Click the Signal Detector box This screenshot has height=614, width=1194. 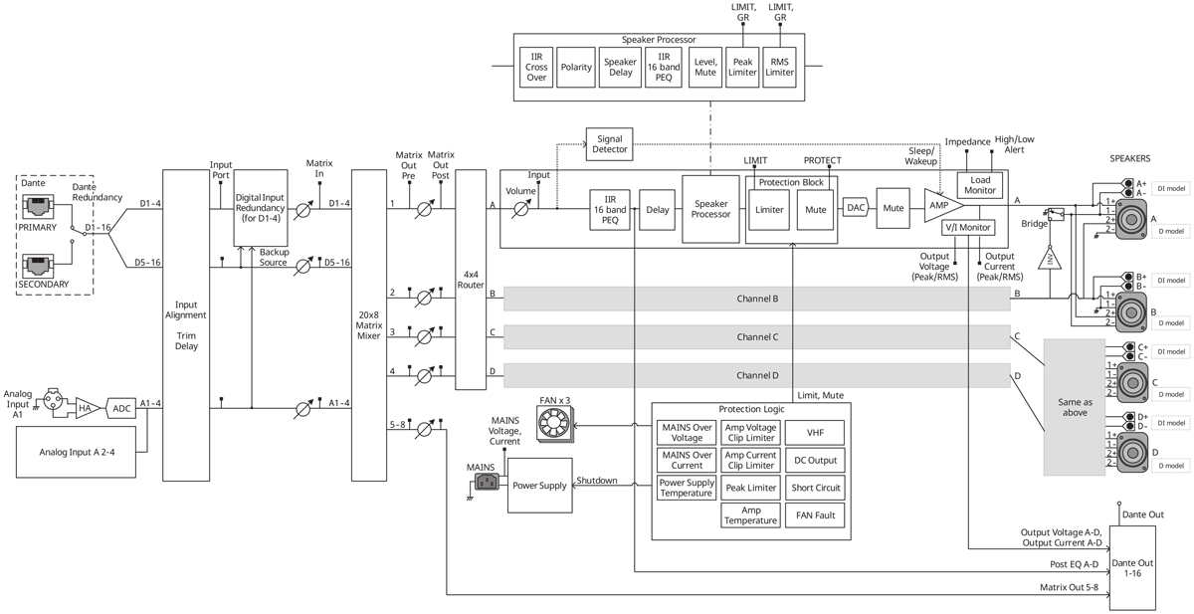(x=609, y=143)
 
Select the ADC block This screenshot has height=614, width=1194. (x=122, y=408)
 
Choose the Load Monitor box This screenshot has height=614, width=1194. (x=981, y=185)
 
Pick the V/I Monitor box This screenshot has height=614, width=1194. (x=968, y=228)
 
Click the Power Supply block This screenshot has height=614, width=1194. (x=540, y=486)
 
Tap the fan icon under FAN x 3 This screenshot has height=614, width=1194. (x=556, y=426)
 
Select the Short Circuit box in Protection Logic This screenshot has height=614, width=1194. (x=815, y=488)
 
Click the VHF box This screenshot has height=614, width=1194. (x=815, y=432)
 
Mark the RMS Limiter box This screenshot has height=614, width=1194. (x=781, y=65)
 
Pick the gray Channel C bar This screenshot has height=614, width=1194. (x=757, y=336)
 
